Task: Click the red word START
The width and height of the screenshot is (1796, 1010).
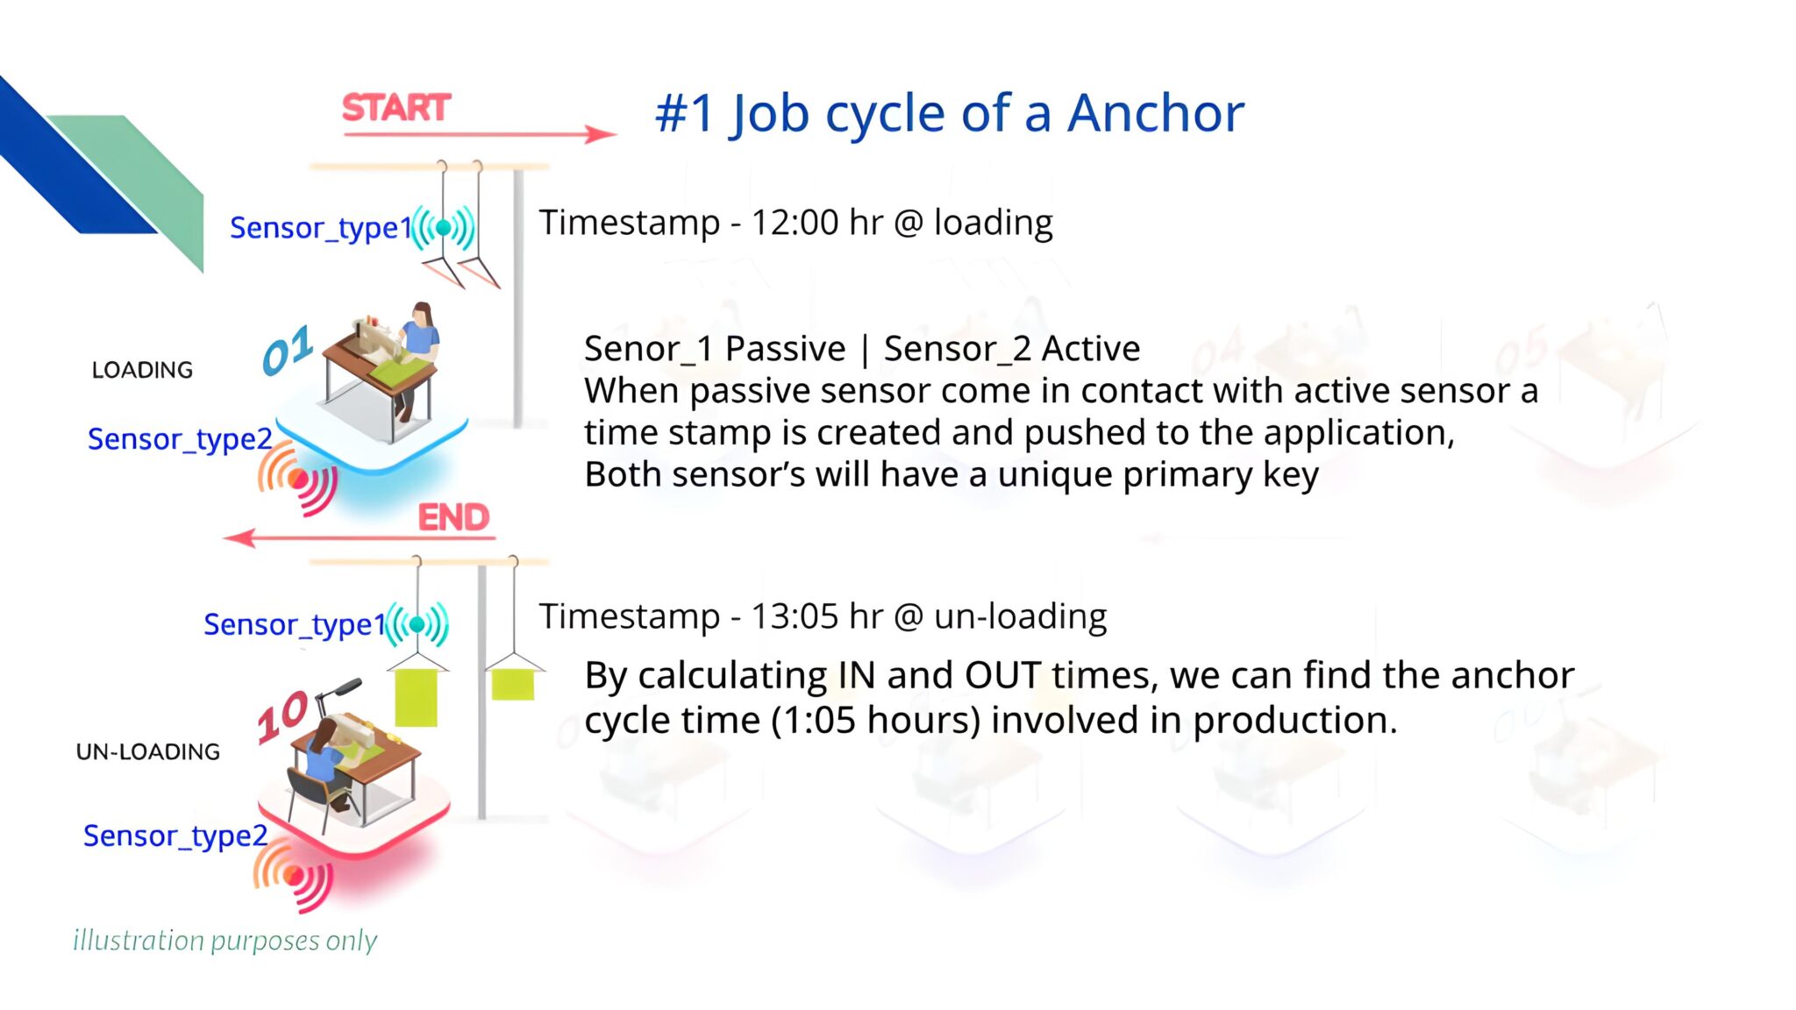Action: [396, 108]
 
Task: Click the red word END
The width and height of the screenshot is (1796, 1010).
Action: [453, 517]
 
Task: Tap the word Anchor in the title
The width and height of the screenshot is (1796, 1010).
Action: [1155, 113]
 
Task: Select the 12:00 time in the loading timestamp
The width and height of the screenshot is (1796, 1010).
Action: [795, 223]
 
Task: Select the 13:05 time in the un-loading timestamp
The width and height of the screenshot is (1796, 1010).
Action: [795, 616]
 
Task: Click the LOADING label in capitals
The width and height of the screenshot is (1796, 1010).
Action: [142, 370]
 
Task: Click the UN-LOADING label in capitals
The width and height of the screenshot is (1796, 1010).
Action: [147, 751]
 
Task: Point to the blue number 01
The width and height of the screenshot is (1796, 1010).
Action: [288, 351]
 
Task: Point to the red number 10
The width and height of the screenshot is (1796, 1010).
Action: [282, 717]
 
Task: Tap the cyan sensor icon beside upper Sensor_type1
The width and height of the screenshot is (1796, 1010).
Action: [444, 228]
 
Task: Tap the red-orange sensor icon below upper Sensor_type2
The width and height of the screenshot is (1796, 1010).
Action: [298, 479]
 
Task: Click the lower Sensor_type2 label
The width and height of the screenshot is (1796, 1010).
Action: [175, 836]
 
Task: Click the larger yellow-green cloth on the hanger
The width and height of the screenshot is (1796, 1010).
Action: [416, 698]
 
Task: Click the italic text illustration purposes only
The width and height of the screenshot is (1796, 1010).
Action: [224, 940]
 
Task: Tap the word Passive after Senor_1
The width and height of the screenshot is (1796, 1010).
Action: [785, 349]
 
